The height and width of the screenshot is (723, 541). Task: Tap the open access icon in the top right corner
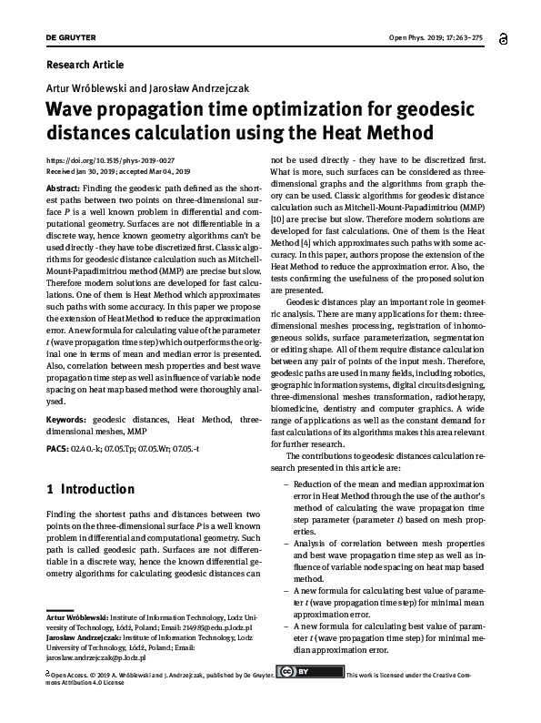(504, 39)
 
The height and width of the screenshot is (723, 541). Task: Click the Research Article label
(84, 65)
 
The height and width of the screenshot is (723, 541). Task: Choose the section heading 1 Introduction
(91, 489)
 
